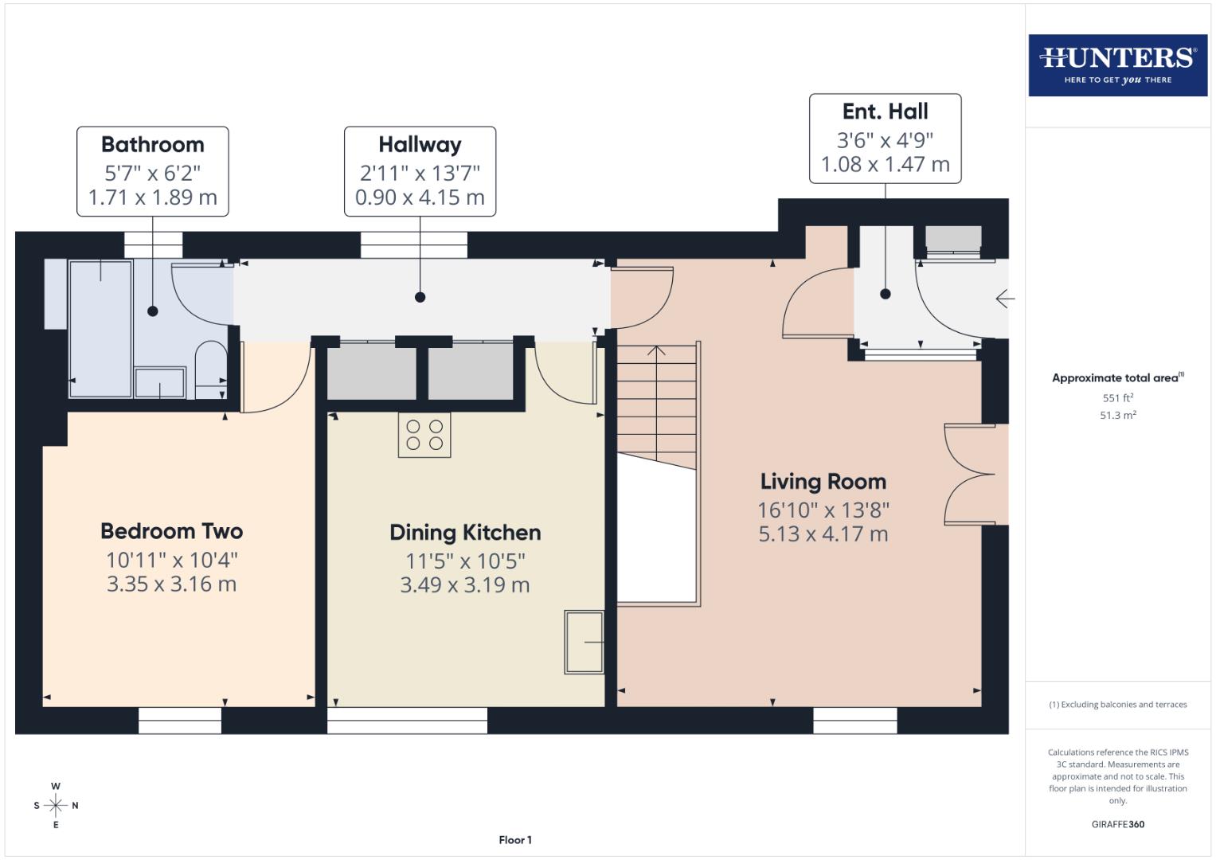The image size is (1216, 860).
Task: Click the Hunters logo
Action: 1117,64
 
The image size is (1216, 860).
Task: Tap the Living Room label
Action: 823,482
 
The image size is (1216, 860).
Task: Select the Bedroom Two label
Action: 171,531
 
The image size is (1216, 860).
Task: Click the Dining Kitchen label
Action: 465,533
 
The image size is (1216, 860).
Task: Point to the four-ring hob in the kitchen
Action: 424,435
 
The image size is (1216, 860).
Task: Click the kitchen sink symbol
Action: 585,642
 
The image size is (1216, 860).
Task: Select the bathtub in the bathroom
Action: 101,328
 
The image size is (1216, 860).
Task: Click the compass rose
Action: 56,805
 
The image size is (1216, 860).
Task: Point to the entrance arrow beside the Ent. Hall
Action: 1004,299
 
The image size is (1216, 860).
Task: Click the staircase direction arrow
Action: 656,350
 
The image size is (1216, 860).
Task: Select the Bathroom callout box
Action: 153,171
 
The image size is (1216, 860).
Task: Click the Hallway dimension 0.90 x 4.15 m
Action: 420,197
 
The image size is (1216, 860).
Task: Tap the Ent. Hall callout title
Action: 885,111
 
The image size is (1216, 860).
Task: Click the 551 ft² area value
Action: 1117,398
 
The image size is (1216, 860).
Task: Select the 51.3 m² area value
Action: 1117,415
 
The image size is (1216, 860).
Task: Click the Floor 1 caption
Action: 515,840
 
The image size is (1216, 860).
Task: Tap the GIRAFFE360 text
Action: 1117,824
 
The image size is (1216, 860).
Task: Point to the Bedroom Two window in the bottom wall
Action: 180,721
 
